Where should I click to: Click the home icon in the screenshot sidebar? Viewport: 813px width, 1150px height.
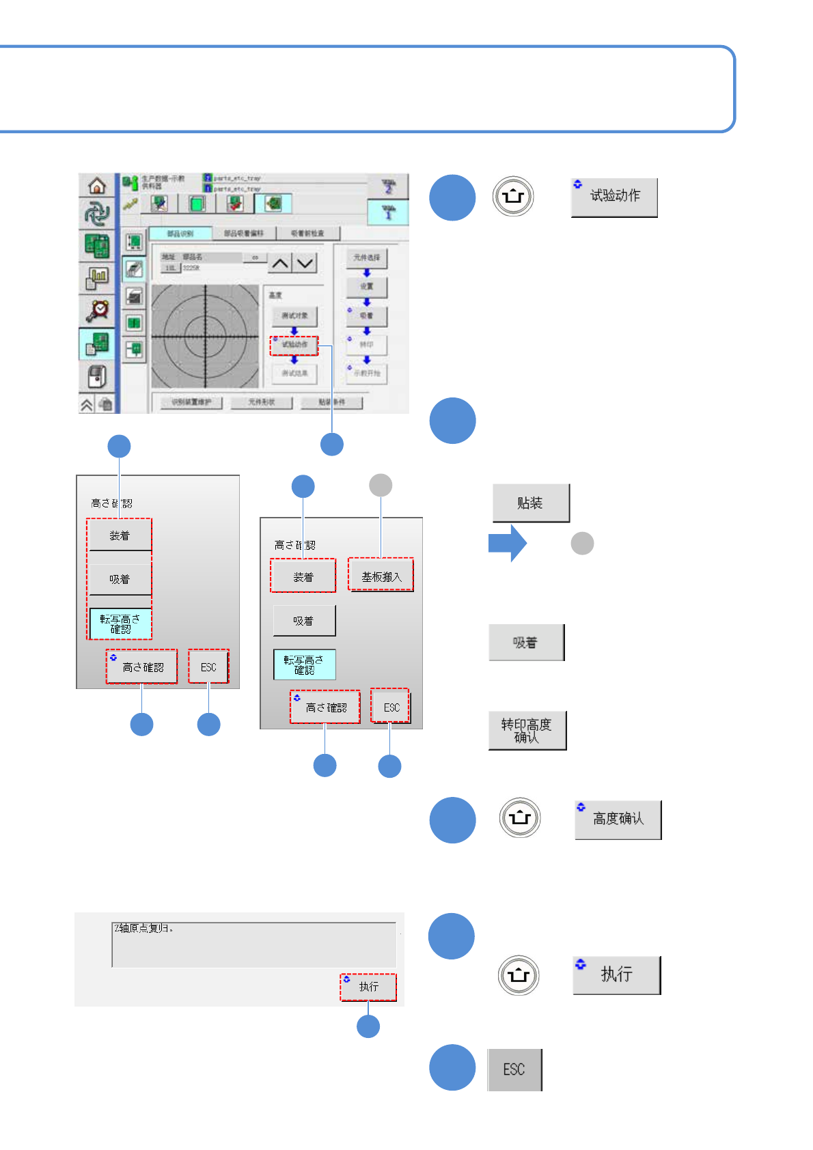point(97,185)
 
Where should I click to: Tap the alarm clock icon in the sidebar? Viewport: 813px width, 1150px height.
point(98,309)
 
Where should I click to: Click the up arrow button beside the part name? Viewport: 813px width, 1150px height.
point(280,263)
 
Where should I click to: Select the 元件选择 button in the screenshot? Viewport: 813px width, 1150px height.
point(367,257)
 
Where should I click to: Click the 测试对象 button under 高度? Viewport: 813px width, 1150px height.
point(294,315)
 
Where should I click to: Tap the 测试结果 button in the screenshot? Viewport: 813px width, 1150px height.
point(294,373)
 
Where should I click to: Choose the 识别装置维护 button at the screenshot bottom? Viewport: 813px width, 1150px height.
point(191,402)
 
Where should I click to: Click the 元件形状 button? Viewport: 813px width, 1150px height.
point(262,402)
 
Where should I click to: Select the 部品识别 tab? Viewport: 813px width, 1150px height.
point(180,234)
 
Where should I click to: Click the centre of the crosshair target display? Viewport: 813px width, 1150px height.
point(205,335)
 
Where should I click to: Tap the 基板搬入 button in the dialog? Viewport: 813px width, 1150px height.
point(381,576)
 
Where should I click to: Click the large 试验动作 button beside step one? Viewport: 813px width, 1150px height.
point(614,197)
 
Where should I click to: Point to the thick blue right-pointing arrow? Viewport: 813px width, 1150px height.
point(508,544)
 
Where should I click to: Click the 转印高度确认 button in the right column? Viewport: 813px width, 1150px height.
point(527,731)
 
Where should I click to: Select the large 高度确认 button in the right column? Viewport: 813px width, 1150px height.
point(618,819)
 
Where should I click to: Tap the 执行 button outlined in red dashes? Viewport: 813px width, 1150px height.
point(368,987)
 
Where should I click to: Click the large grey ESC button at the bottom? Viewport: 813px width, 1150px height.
point(514,1069)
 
